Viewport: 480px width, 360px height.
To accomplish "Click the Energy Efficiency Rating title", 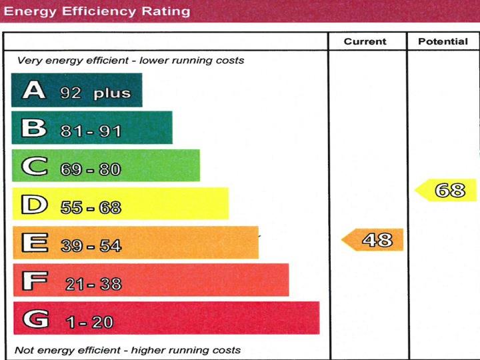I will click(97, 11).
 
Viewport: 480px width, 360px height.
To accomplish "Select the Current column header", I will click(365, 41).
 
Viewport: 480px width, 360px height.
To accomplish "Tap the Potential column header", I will click(443, 41).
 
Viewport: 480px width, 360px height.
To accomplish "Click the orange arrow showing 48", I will click(373, 240).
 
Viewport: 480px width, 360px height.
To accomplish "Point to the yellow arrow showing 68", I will click(447, 190).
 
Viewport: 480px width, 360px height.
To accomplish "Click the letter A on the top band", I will click(33, 91).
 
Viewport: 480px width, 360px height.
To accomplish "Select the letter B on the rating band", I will click(33, 128).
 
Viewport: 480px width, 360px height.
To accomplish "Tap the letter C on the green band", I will click(34, 166).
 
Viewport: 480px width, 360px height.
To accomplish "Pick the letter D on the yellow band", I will click(34, 204).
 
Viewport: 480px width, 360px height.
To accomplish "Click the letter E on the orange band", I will click(35, 243).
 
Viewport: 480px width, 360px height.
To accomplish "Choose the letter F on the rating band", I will click(35, 281).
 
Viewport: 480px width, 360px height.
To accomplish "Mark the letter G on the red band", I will click(36, 319).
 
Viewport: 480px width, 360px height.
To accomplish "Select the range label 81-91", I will click(91, 131).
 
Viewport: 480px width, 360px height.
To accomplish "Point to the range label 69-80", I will click(91, 169).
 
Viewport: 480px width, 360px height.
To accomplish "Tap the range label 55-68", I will click(91, 207).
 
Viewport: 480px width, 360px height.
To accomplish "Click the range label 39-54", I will click(91, 246).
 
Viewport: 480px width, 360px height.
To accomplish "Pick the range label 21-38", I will click(93, 284).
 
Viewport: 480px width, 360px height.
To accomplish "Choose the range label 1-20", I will click(89, 322).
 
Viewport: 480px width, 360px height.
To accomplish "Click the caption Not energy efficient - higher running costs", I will click(127, 350).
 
